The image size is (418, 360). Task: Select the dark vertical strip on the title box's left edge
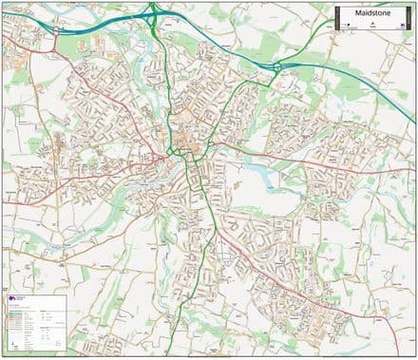click(x=336, y=18)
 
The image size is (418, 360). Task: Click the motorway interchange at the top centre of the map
click(x=152, y=13)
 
